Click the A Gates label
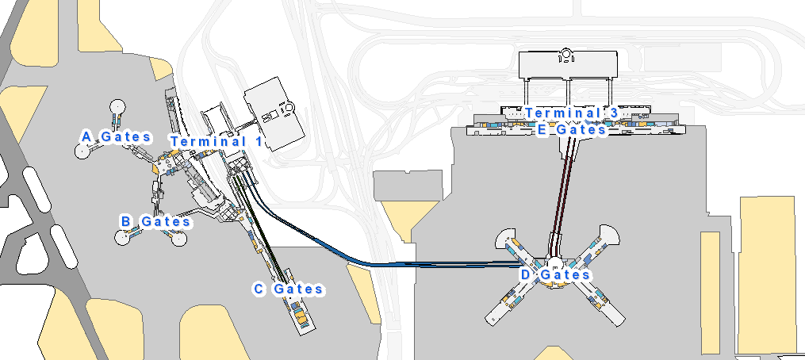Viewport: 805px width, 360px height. [x=117, y=137]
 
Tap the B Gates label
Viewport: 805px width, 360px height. [x=155, y=221]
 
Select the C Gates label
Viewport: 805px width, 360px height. [x=289, y=289]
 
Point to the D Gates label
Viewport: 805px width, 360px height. [x=555, y=274]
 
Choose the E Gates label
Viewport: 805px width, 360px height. [x=571, y=130]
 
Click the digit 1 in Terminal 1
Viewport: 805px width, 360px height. [x=258, y=141]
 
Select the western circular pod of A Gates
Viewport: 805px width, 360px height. [x=82, y=151]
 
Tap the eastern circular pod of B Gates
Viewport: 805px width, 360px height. [x=178, y=239]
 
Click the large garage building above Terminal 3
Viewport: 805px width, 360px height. [x=567, y=65]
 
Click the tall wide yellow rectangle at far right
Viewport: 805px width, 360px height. [x=766, y=274]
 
